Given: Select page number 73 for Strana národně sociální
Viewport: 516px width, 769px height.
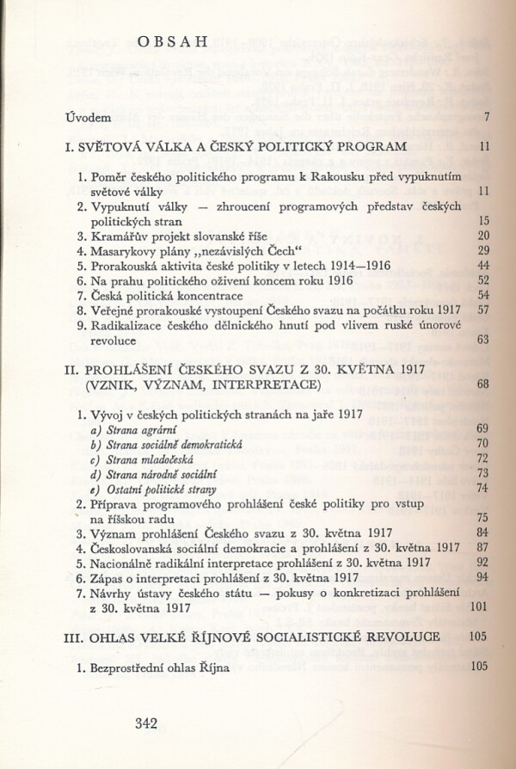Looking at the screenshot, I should point(482,474).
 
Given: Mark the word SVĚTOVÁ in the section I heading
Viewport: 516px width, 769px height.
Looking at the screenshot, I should point(119,147).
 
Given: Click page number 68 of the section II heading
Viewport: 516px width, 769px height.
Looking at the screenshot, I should point(482,384).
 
